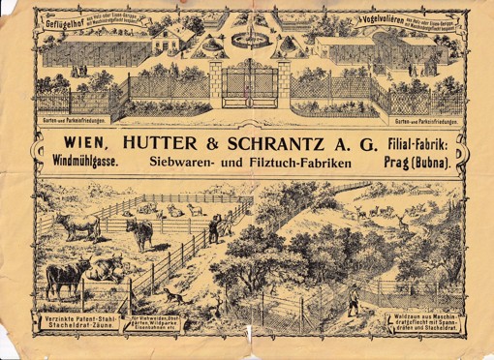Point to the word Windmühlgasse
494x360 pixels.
tap(85, 164)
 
